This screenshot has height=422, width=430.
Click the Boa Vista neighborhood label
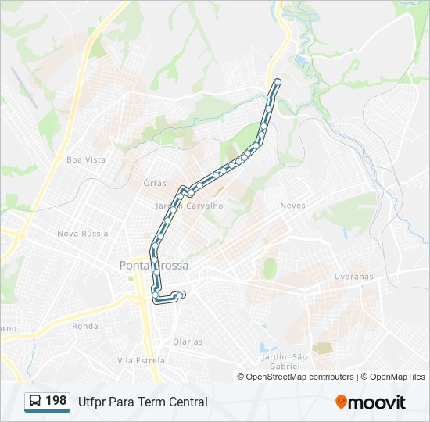pos(86,159)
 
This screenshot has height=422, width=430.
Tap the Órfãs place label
pos(155,183)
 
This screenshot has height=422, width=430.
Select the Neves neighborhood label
pos(292,206)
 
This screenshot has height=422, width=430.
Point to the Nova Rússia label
pos(82,234)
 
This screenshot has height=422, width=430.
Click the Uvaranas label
pos(354,277)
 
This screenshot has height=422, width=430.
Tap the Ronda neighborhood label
pos(84,326)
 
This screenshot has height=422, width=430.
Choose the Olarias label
pos(188,342)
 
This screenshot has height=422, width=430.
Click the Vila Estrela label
pos(141,360)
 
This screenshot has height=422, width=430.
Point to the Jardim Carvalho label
pos(189,206)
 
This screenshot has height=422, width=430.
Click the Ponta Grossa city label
pos(153,266)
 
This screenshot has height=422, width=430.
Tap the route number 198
pos(56,401)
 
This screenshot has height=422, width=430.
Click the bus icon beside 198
pos(35,402)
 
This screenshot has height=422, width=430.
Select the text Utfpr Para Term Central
pos(143,402)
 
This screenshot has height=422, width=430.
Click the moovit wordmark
pos(377,402)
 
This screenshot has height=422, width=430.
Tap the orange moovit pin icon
pos(341,402)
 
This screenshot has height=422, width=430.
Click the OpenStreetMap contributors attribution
pos(300,377)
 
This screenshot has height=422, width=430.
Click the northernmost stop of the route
pos(277,81)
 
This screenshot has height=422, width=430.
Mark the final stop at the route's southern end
pos(182,295)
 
